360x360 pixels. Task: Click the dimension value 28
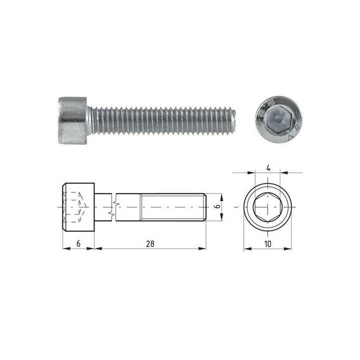[x=150, y=244]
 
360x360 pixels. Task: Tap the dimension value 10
[x=268, y=244]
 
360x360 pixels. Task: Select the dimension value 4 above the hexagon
[x=268, y=168]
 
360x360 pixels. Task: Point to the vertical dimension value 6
[x=218, y=206]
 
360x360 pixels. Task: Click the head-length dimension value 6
[x=78, y=244]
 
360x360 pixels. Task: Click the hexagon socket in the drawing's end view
[x=268, y=207]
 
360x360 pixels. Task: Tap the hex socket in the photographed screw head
[x=278, y=120]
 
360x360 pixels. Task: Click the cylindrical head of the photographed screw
[x=72, y=121]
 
